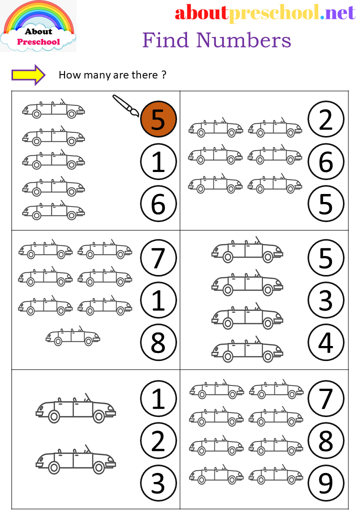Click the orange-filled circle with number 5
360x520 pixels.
pos(158,120)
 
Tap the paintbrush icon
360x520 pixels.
pos(125,105)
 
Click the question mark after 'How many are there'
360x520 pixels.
pos(163,75)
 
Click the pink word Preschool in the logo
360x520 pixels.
pos(38,42)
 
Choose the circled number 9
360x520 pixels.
pos(326,483)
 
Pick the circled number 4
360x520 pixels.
pos(326,343)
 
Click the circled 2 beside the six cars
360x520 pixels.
pos(326,120)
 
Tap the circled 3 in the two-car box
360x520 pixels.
pos(158,483)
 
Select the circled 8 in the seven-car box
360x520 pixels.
pos(158,343)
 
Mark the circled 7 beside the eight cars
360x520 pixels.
pos(326,399)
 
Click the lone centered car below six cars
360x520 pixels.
pos(73,337)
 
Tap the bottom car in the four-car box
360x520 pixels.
pos(247,350)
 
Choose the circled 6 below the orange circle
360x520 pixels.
pos(158,204)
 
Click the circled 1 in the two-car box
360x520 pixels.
pos(158,399)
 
